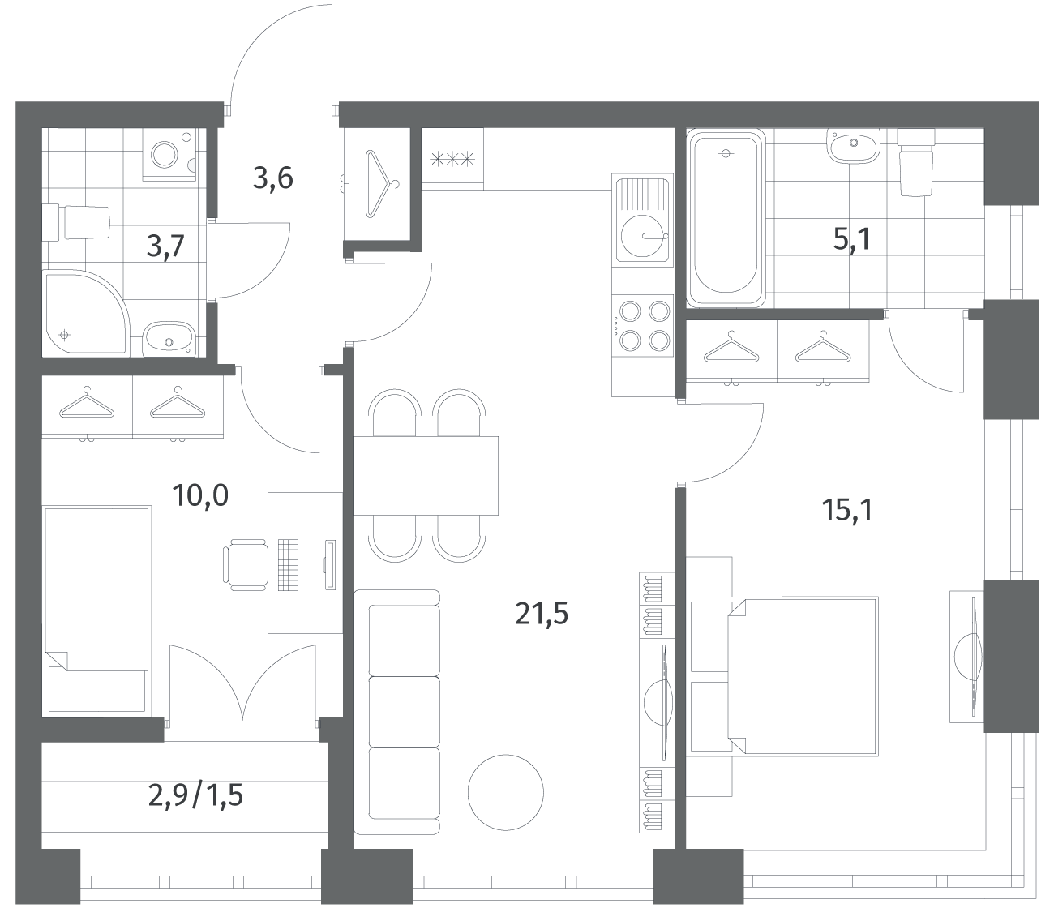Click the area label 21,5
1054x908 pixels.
(x=542, y=614)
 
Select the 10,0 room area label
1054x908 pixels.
(x=200, y=495)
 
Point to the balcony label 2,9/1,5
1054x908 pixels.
(x=195, y=795)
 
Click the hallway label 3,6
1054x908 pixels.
(x=272, y=178)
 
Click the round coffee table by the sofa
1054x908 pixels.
(x=505, y=792)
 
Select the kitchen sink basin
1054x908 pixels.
(x=642, y=236)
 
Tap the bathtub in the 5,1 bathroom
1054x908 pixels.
(x=726, y=218)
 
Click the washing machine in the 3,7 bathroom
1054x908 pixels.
(x=169, y=155)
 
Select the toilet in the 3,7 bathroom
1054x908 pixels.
(x=76, y=223)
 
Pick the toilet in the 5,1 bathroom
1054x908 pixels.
(x=916, y=162)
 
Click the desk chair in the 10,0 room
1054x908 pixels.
(x=246, y=565)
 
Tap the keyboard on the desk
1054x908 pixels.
(x=288, y=564)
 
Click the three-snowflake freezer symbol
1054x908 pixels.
(x=452, y=160)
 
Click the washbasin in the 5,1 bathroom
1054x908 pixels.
(x=854, y=146)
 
